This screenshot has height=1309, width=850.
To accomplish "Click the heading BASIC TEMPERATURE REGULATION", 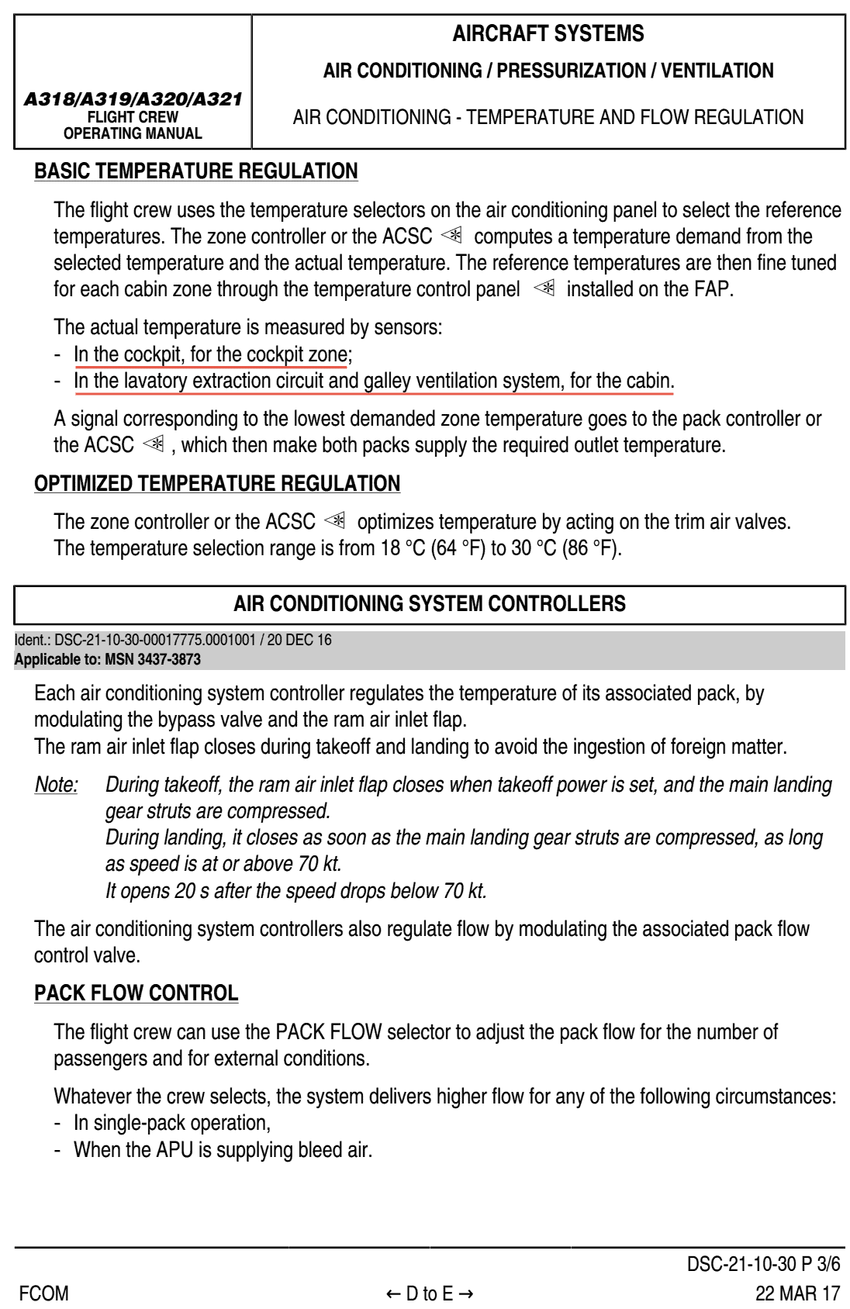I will (x=196, y=171).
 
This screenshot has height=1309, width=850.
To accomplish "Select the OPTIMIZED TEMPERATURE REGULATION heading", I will (x=217, y=484).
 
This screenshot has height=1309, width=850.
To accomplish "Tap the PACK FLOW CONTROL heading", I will (x=136, y=993).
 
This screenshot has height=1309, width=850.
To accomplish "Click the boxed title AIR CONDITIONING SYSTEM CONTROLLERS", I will (x=430, y=604).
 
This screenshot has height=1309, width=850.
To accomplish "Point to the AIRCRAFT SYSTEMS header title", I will (x=548, y=34).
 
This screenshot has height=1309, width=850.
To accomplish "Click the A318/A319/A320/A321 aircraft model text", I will (x=133, y=99).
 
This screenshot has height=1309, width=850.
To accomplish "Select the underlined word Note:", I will (x=57, y=785).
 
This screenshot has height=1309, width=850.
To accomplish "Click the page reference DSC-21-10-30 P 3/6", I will (x=763, y=1264).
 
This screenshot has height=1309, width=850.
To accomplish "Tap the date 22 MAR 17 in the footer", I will (x=797, y=1293).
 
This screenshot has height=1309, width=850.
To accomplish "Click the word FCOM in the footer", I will (x=43, y=1293).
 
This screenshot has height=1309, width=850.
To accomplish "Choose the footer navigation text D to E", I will (x=430, y=1293).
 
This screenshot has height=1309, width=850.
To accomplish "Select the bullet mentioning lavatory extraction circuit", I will (x=374, y=382).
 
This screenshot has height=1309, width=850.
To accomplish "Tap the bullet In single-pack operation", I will (x=171, y=1123).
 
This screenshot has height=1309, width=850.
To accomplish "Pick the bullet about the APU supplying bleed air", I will (x=223, y=1149).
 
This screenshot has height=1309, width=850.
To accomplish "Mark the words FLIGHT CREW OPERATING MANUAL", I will (x=133, y=125).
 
